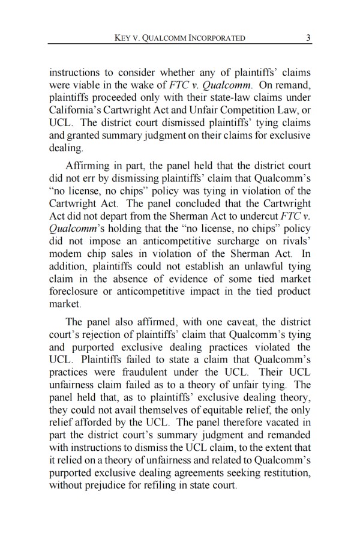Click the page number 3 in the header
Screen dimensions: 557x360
(307, 37)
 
